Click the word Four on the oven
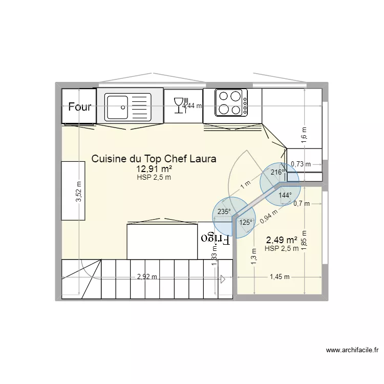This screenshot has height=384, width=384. point(80,107)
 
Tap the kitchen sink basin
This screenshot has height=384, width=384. point(118,107)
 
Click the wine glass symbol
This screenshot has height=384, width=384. point(179,105)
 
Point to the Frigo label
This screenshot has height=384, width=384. point(215,238)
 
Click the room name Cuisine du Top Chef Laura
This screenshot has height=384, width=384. point(154,159)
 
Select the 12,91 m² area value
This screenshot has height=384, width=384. point(154,169)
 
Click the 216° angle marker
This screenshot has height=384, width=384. point(277,173)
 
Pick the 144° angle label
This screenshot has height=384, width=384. point(285,195)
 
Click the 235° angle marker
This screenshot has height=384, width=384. point(224,211)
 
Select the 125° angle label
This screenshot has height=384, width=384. point(246,222)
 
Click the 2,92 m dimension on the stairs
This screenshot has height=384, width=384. point(147,278)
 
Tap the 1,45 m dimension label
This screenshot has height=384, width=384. point(280,277)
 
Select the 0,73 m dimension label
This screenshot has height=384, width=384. point(301,164)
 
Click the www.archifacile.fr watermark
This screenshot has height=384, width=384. point(352,351)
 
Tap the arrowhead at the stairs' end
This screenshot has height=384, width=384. point(223,279)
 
